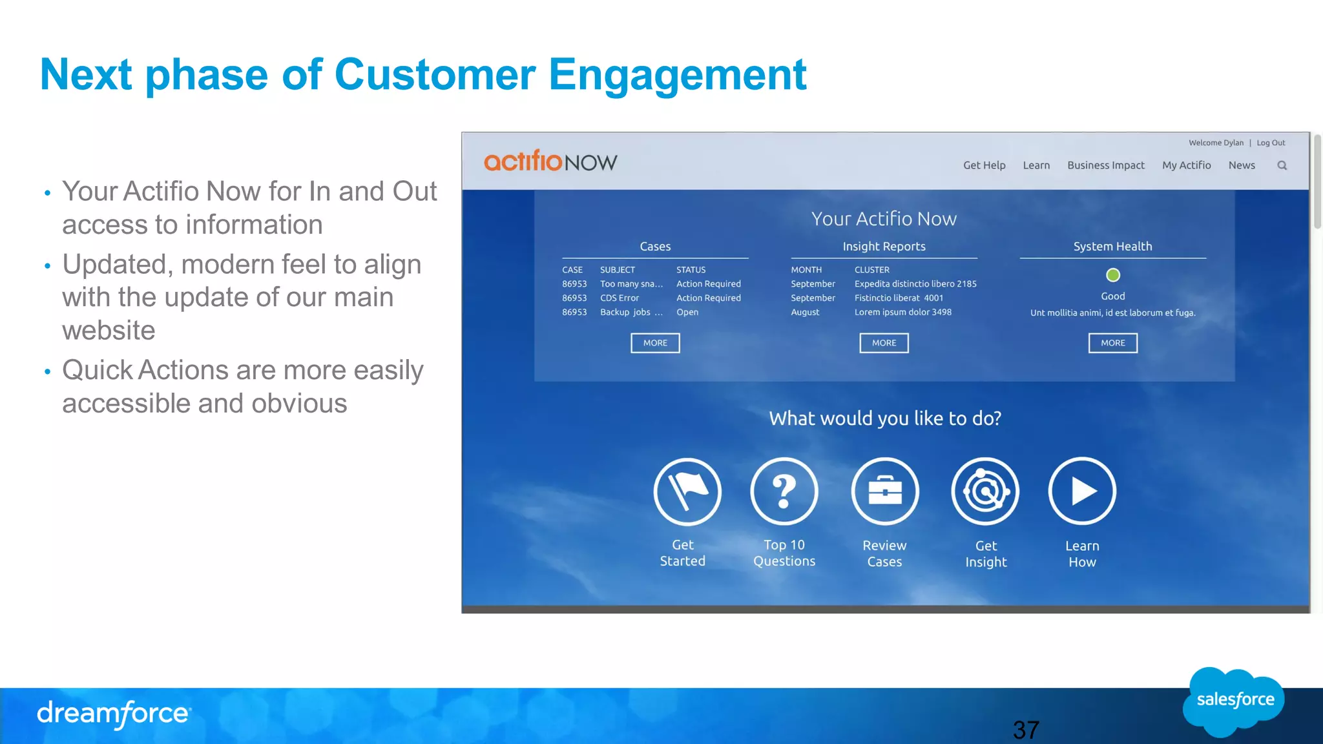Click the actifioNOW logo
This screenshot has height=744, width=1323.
[x=550, y=161]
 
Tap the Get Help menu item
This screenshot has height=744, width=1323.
[x=984, y=165]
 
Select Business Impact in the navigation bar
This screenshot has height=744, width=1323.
[x=1105, y=165]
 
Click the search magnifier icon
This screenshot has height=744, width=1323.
[x=1282, y=166]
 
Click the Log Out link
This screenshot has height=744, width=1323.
[x=1270, y=143]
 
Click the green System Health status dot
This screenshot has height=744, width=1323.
[x=1112, y=275]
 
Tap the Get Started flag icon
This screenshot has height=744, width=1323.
[x=687, y=491]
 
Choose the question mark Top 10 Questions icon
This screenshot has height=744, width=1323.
[x=784, y=491]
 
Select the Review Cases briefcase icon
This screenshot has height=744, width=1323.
[x=884, y=491]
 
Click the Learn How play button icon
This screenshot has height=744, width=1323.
[x=1081, y=491]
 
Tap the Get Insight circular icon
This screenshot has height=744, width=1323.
[x=984, y=491]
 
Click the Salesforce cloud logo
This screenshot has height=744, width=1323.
[x=1234, y=701]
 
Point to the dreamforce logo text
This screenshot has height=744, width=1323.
[x=114, y=714]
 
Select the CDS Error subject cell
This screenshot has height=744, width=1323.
[x=619, y=298]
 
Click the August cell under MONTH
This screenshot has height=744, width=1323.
[x=805, y=313]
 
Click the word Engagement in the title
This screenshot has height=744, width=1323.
[x=677, y=75]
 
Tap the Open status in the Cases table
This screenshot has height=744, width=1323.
[x=687, y=313]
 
